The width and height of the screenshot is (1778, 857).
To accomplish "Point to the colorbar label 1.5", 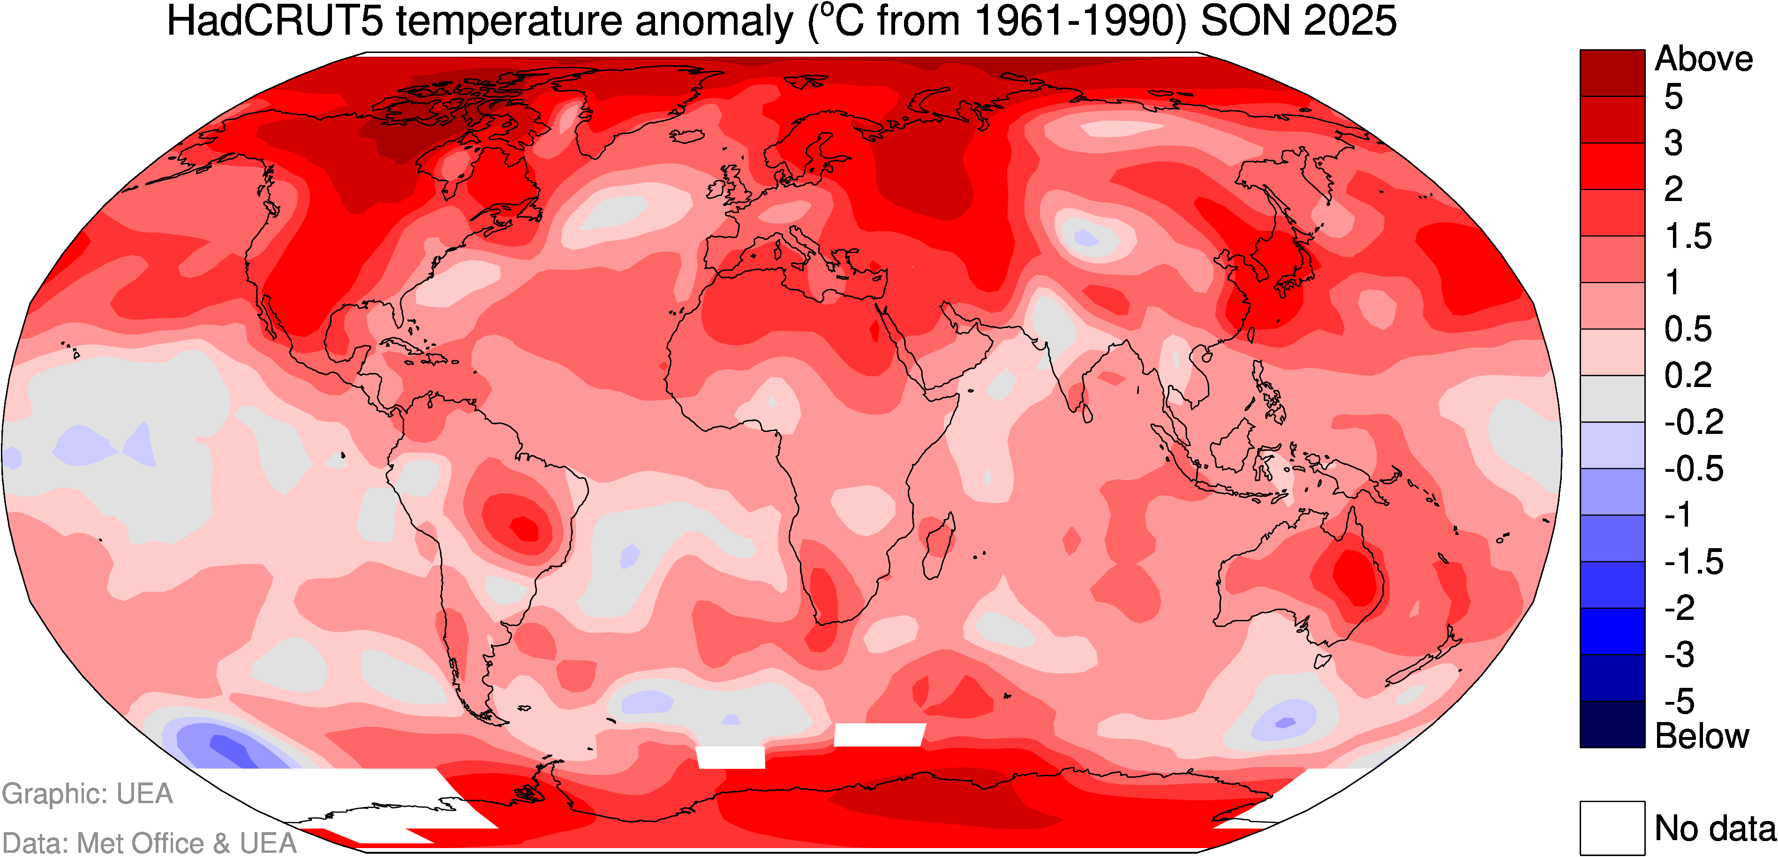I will click(x=1688, y=237).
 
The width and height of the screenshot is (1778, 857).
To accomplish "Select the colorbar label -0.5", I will click(x=1694, y=469).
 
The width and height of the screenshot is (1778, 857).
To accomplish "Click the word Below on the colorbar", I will click(x=1702, y=736).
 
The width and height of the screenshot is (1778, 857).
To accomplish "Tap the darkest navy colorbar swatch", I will click(x=1612, y=724).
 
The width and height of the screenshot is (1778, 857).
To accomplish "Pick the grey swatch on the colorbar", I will click(x=1612, y=399).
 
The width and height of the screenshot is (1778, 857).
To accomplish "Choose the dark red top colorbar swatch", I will click(x=1612, y=73).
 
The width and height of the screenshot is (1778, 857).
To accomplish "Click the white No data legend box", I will click(x=1612, y=827).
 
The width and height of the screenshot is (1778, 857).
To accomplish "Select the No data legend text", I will click(x=1715, y=828).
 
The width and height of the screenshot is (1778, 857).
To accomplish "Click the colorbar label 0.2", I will click(x=1688, y=376).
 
